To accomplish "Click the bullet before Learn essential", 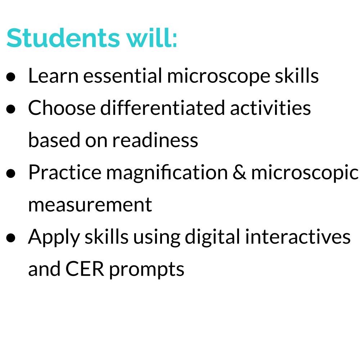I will tap(12, 77).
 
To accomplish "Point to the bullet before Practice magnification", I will tap(12, 173).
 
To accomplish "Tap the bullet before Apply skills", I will tap(12, 238).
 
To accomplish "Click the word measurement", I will tap(90, 205).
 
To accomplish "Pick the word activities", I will tap(270, 108).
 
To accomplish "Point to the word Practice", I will tap(65, 172).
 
